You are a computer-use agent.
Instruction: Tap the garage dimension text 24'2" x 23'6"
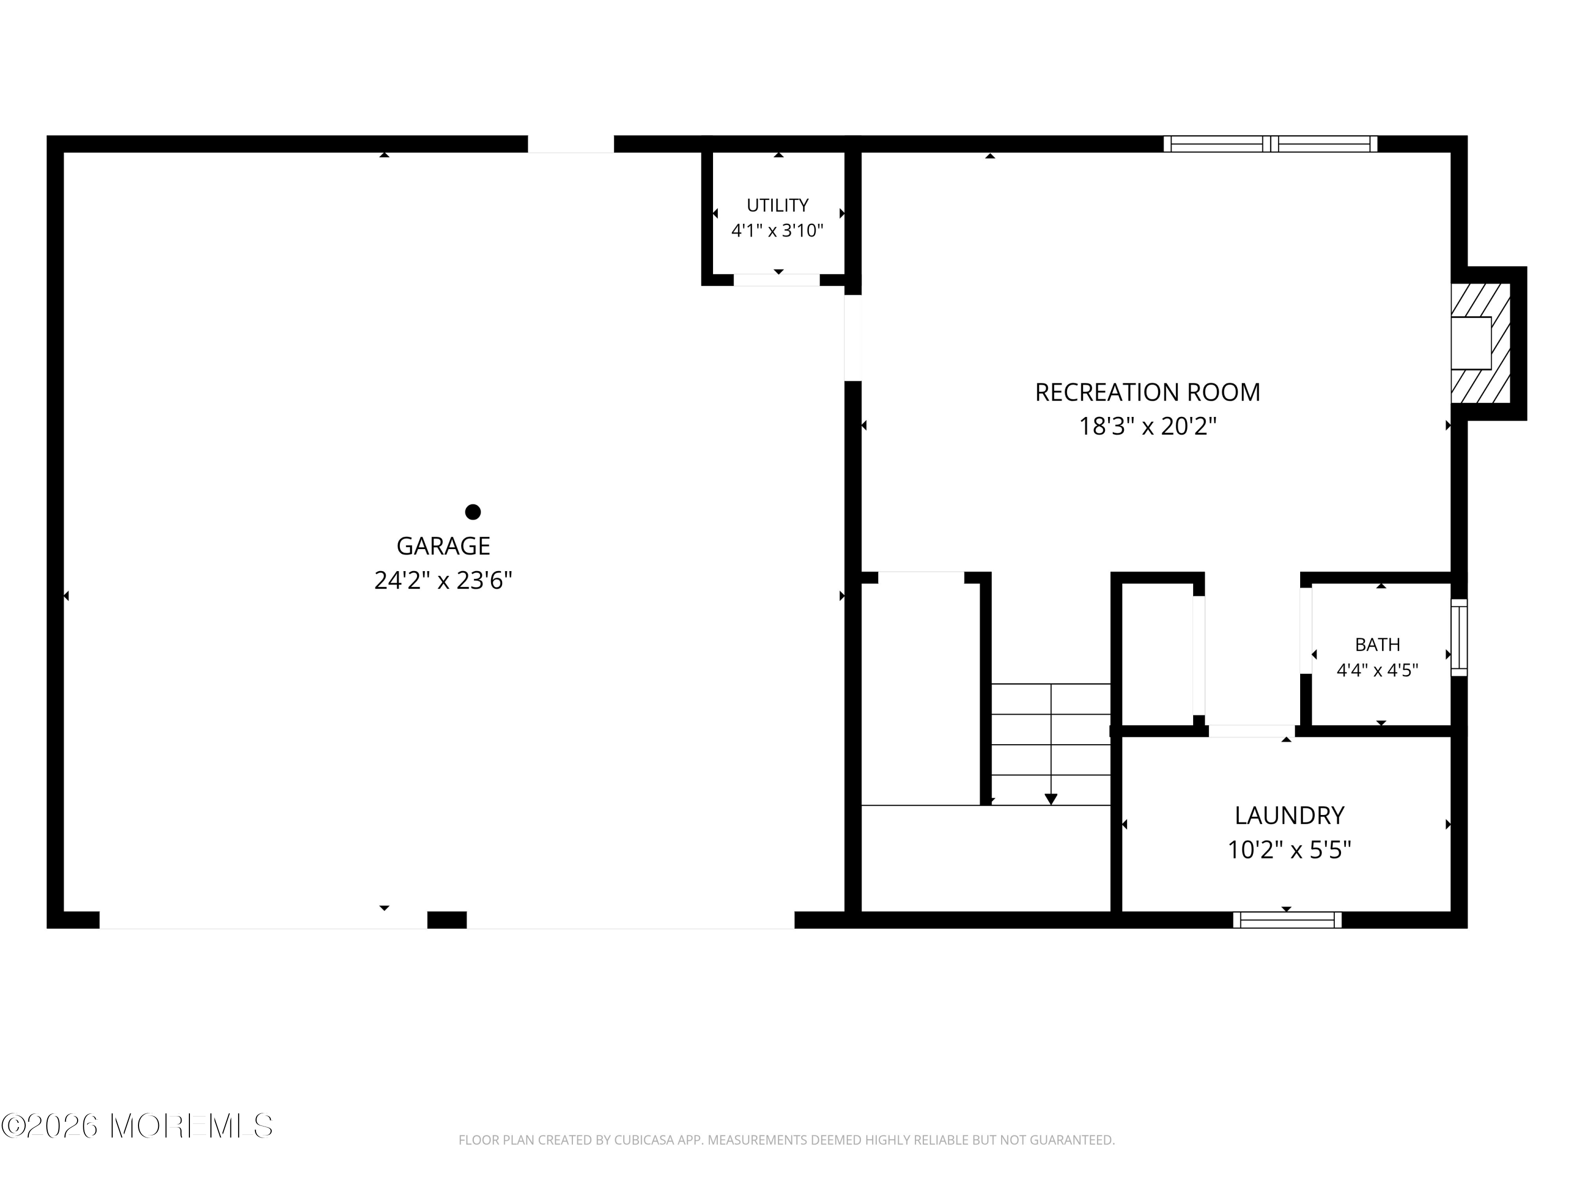coord(443,581)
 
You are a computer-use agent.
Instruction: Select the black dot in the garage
coord(473,511)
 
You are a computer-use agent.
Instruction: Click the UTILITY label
coord(777,205)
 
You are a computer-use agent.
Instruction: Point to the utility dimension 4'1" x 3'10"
coord(777,230)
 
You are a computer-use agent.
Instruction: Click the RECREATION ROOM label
coord(1147,392)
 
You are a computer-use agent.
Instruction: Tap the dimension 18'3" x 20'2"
coord(1147,426)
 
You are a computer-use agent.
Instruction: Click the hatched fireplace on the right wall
coord(1480,343)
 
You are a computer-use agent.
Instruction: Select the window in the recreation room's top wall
coord(1270,144)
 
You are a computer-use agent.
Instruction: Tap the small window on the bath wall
coord(1459,637)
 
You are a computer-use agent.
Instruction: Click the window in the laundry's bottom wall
coord(1287,920)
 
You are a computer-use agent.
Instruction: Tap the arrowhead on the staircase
coord(1051,799)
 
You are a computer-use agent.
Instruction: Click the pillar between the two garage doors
coord(447,920)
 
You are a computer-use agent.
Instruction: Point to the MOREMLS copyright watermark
coord(136,1126)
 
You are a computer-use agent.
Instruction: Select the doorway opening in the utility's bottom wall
coord(777,280)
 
